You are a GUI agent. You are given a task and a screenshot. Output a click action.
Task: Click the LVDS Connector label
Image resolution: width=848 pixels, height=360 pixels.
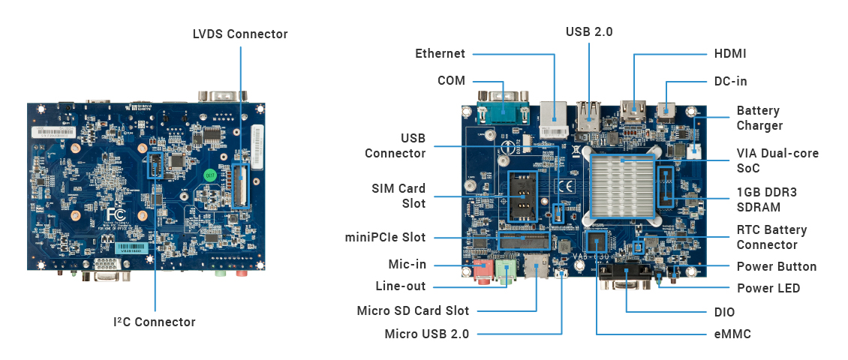point(240,34)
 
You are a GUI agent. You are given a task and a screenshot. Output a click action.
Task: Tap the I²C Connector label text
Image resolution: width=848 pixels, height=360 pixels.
point(154,322)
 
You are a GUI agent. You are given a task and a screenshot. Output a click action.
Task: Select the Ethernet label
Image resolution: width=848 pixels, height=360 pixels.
point(440,53)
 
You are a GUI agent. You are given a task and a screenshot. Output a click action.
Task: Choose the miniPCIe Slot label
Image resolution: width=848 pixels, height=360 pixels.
point(385,237)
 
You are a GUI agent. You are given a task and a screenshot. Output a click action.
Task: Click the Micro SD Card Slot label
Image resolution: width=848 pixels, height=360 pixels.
point(413,310)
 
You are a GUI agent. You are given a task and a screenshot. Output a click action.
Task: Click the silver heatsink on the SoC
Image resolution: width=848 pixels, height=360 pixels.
point(622,186)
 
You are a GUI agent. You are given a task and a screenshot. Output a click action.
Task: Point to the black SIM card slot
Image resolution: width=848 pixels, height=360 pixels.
point(522,199)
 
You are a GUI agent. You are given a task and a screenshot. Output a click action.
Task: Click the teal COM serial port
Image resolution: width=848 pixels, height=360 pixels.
point(502,112)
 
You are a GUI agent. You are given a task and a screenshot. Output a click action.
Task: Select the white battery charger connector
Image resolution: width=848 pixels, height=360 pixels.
point(694,151)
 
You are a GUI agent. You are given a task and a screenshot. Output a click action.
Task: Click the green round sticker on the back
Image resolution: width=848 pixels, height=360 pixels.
point(210,175)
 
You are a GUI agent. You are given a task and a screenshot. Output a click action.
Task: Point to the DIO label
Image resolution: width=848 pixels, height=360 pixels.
point(724,313)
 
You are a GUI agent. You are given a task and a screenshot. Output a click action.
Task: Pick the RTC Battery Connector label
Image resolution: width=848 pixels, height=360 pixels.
point(771,237)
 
